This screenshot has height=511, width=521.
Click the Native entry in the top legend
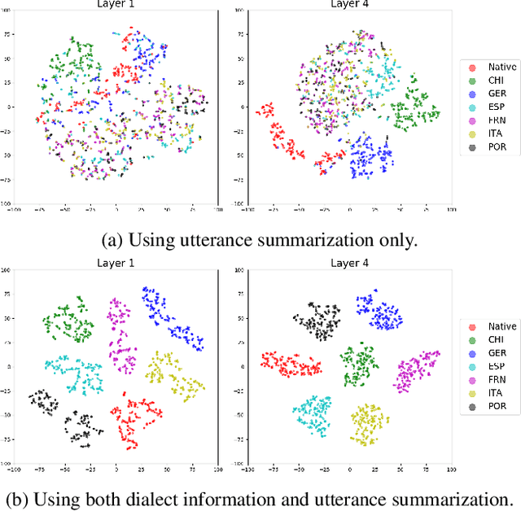point(488,67)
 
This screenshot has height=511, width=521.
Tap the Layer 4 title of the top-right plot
point(348,4)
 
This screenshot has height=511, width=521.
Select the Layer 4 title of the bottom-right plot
point(348,264)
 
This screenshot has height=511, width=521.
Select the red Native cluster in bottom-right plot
point(288,365)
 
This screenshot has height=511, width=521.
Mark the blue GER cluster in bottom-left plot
point(171,317)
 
